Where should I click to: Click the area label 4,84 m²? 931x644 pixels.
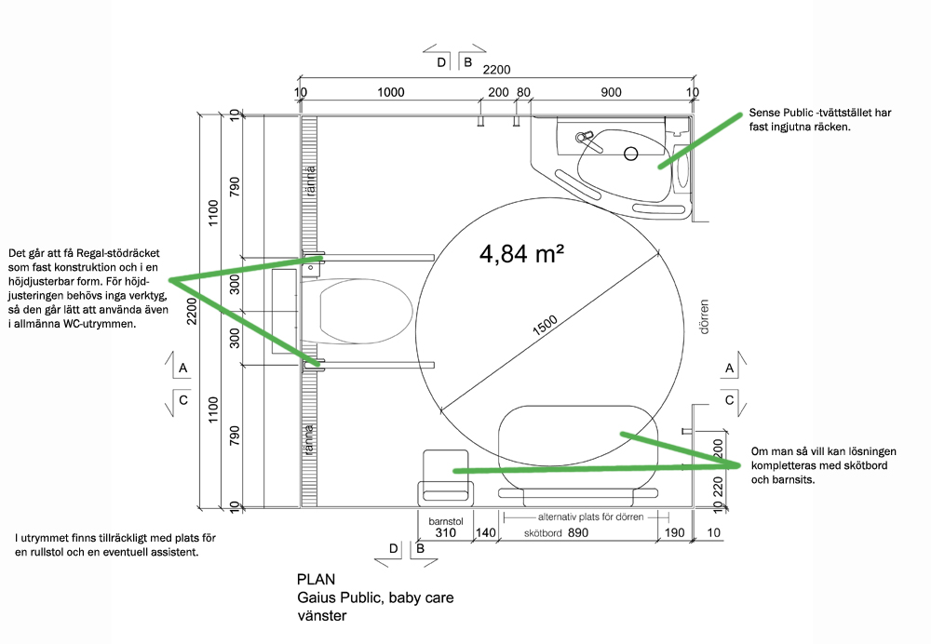coord(521,254)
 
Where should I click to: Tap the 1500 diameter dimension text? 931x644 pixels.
coord(545,326)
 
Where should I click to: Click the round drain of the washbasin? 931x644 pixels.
coord(630,154)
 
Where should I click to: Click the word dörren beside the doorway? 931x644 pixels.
coord(704,317)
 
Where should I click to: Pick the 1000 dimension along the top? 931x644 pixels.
coord(391,92)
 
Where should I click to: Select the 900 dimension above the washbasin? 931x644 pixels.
coord(611,92)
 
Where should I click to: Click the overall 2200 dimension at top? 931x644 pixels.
coord(496,70)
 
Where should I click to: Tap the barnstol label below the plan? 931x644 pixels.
coord(446,522)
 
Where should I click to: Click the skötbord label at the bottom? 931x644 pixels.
coord(543,533)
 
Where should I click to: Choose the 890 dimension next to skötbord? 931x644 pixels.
coord(578,533)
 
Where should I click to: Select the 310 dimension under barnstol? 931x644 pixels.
coord(445,533)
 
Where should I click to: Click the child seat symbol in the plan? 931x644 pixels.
coord(446,478)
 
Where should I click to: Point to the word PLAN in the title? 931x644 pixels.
coord(316,579)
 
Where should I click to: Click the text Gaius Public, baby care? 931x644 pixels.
coord(375,597)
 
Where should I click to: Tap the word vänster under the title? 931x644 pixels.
coord(322,615)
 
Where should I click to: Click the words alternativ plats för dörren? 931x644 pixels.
coord(591,517)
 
